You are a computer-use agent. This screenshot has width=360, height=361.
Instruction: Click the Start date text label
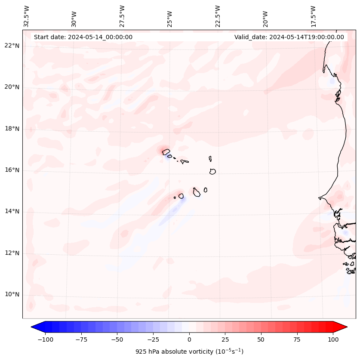click(x=83, y=37)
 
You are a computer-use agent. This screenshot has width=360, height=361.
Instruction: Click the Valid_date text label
click(x=289, y=37)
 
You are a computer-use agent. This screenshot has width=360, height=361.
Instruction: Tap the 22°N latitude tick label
click(x=12, y=46)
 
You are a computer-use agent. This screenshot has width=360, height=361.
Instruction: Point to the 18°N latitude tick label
click(x=12, y=129)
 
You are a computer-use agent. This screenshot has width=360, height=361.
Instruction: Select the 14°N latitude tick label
click(x=12, y=211)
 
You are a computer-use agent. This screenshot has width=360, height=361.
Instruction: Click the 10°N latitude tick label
click(x=12, y=294)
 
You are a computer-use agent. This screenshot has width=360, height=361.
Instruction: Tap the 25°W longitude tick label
click(x=170, y=17)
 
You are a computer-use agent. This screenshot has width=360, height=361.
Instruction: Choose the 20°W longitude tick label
click(x=266, y=17)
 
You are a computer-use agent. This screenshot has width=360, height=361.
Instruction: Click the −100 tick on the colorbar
click(x=45, y=339)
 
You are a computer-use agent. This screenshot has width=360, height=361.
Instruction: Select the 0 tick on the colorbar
click(x=189, y=339)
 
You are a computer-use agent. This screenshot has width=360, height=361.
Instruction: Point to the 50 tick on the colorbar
click(x=261, y=339)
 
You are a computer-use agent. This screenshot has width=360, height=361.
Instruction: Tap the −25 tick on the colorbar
click(x=153, y=339)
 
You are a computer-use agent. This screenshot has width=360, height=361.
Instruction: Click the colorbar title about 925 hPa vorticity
click(x=189, y=352)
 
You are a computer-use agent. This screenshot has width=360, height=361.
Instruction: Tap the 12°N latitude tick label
click(x=12, y=253)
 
